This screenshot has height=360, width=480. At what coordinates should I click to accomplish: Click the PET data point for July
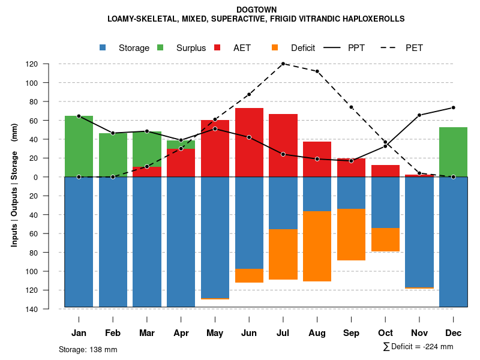283,64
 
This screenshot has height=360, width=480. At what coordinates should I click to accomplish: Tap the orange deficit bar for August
317,246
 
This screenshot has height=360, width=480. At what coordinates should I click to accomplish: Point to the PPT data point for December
453,107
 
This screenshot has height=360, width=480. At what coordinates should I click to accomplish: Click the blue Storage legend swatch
103,48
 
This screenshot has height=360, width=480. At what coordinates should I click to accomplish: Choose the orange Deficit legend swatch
275,48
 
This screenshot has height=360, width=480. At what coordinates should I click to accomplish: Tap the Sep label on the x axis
351,333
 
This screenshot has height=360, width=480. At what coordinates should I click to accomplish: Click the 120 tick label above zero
49,64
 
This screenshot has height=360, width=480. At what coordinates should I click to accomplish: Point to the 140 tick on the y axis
49,309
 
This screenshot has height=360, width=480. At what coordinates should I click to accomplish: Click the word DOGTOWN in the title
256,10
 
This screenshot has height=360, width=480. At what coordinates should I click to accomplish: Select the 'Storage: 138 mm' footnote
88,349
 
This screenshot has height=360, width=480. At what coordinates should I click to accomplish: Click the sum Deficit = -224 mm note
418,347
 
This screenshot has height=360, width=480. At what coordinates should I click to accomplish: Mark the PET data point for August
317,71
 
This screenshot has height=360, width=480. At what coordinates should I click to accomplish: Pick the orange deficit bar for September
351,235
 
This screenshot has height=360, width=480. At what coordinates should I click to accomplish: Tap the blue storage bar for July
283,203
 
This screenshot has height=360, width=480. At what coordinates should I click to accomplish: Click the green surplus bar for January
79,146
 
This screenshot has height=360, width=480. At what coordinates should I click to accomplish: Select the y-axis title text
14,185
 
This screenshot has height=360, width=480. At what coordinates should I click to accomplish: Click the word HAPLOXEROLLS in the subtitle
373,19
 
